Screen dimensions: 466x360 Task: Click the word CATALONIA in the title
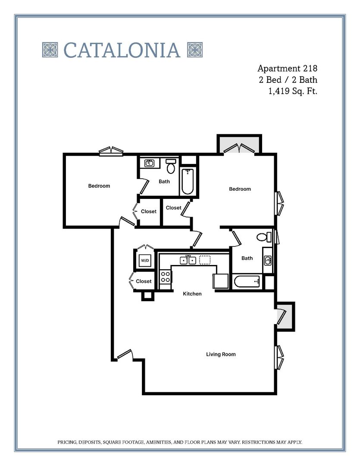[122, 50]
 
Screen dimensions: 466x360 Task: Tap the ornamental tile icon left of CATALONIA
[50, 50]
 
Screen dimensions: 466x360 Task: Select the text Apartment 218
[287, 68]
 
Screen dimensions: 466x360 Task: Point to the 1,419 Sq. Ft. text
[293, 91]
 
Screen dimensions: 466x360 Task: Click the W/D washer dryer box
[144, 261]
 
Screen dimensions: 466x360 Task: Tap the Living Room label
[221, 354]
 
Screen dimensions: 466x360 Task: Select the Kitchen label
[192, 293]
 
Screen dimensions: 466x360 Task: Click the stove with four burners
[165, 276]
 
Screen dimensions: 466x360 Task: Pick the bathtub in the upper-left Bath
[188, 182]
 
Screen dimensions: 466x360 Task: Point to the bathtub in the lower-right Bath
[247, 282]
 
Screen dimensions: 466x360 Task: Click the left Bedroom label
[99, 186]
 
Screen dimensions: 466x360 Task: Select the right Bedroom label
[240, 189]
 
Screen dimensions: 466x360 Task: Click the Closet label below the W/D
[144, 281]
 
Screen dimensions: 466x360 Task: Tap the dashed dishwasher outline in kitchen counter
[205, 260]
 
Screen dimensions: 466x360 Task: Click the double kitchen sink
[188, 260]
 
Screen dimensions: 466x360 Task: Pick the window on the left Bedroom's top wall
[111, 151]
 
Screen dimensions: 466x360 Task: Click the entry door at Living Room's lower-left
[124, 355]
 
